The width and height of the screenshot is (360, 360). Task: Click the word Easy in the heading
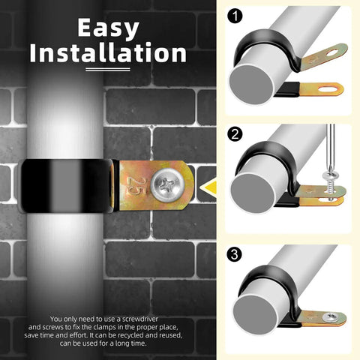click(x=108, y=28)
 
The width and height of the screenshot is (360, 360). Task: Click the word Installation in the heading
click(x=108, y=52)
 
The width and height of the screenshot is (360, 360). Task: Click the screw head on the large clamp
click(x=167, y=185)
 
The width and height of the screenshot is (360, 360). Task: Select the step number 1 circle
click(x=235, y=16)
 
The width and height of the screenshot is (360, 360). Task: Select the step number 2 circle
click(x=235, y=134)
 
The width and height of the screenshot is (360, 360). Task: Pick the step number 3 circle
click(x=234, y=255)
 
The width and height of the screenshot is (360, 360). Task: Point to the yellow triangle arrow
click(x=208, y=188)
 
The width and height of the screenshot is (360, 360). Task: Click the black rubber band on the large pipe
click(x=69, y=185)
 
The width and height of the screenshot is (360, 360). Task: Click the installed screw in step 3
click(x=329, y=317)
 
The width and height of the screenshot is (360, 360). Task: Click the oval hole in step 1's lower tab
click(x=328, y=89)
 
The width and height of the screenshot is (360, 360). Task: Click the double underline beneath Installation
click(x=108, y=69)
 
